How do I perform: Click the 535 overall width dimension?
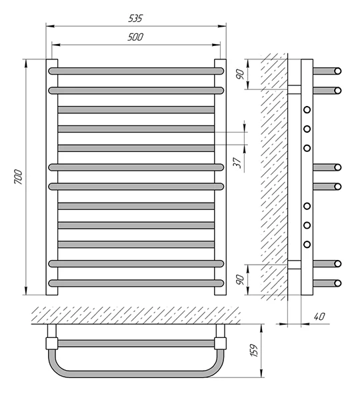[x=135, y=18]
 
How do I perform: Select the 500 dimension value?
[x=135, y=37]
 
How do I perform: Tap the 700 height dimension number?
[x=18, y=177]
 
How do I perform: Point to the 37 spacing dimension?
[x=237, y=163]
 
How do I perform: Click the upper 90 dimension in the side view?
[x=240, y=74]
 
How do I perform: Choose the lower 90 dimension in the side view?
[x=240, y=279]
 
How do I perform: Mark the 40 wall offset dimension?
[x=319, y=317]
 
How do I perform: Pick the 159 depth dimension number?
[x=254, y=350]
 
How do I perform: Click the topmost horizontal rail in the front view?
[x=136, y=71]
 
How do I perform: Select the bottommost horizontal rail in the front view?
[x=136, y=283]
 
